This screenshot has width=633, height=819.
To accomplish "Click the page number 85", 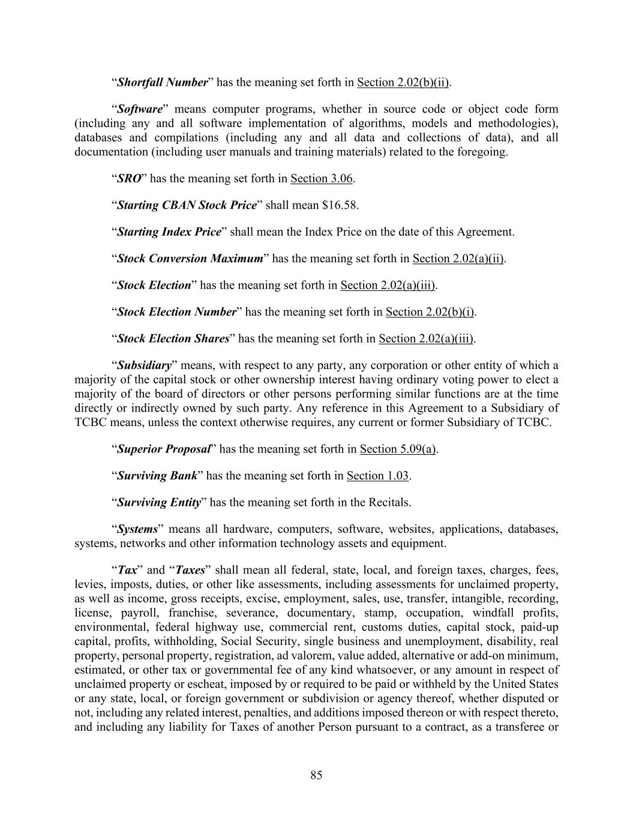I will pos(316,775).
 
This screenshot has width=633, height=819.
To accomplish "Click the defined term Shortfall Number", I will pos(162,82).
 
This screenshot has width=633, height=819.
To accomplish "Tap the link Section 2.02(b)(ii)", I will pos(403,82).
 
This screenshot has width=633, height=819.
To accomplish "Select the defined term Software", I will pos(140,109).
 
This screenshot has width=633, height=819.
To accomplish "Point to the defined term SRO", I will pos(129,178).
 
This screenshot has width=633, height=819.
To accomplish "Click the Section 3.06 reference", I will pos(322,178).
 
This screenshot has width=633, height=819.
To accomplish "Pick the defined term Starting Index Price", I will pos(169,232).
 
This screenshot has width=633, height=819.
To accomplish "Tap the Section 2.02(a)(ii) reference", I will pos(458,259).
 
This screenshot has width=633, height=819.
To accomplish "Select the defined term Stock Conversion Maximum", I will pos(190,259).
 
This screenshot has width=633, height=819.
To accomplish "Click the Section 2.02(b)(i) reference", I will pos(430,312).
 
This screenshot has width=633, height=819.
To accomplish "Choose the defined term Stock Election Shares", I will pos(173,338).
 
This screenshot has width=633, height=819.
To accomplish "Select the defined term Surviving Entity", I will pos(158,502).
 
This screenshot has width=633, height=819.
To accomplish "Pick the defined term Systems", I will pos(137,529).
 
